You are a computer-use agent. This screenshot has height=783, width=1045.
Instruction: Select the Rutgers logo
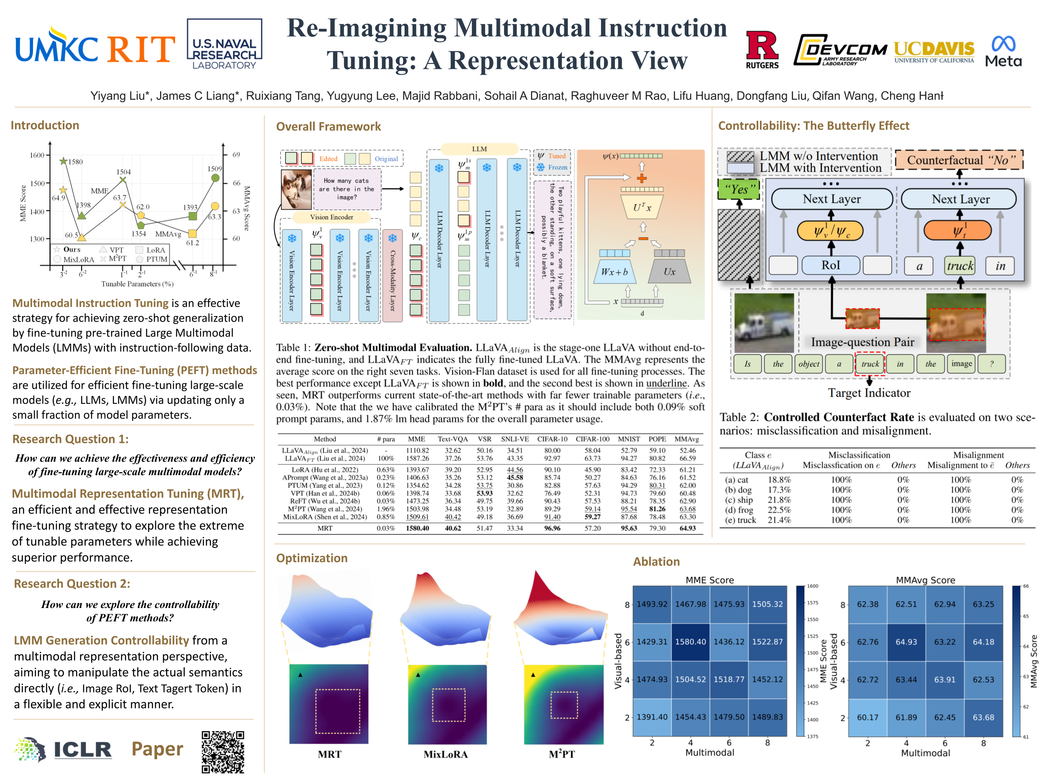[x=762, y=50]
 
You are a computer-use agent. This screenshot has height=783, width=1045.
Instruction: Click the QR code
[x=222, y=752]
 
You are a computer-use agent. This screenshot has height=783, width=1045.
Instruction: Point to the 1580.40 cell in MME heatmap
[x=690, y=642]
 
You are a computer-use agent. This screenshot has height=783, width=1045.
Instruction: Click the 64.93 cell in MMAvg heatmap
[x=906, y=642]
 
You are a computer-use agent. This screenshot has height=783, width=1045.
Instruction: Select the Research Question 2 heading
[x=72, y=583]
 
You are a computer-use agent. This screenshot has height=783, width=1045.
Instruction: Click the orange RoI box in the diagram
[x=862, y=319]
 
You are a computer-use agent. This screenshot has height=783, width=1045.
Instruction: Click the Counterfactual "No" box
[x=959, y=160]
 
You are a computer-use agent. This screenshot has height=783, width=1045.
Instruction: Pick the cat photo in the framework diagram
[x=296, y=189]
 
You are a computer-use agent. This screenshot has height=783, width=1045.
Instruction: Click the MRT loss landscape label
[x=329, y=754]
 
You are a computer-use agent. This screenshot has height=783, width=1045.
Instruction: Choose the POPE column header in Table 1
[x=657, y=439]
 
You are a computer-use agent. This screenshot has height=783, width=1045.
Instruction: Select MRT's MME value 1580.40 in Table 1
[x=417, y=528]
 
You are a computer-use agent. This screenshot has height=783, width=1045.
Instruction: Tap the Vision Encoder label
[x=331, y=217]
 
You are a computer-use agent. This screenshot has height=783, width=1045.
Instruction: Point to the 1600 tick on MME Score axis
[x=37, y=155]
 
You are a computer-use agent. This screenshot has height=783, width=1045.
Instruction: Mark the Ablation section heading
[x=656, y=561]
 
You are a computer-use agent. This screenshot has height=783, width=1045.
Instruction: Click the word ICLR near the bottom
[x=83, y=750]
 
